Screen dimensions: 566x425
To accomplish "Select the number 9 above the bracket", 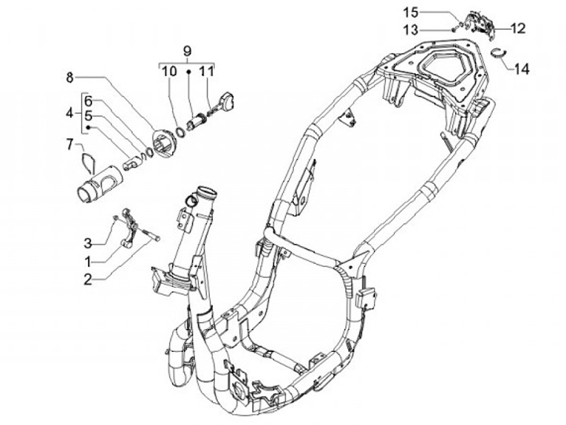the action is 187,52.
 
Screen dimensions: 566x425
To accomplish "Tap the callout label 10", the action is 169,71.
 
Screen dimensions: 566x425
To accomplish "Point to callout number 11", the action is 205,71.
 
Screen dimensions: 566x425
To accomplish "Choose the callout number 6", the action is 89,101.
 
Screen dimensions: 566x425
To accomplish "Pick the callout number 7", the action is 70,143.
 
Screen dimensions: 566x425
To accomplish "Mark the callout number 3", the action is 89,240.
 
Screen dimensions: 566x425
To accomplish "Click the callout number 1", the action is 89,260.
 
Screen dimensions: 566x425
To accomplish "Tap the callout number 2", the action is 89,278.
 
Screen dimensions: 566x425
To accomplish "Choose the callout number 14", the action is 522,69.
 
